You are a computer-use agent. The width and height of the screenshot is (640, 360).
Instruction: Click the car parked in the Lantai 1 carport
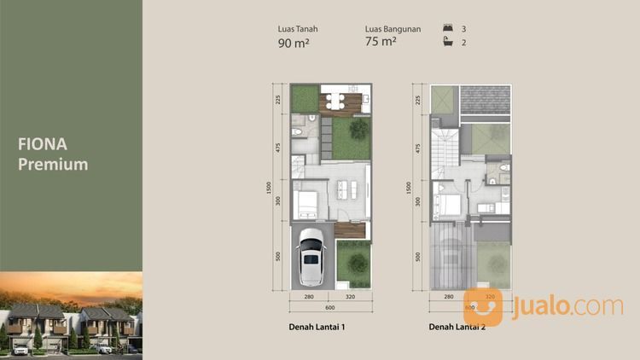311,257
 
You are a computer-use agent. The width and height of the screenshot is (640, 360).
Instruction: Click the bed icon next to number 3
449,29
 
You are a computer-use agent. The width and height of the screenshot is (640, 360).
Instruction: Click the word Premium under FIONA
53,164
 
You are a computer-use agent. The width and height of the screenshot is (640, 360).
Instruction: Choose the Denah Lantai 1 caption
317,327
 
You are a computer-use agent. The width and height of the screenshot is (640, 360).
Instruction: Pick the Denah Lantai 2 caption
457,327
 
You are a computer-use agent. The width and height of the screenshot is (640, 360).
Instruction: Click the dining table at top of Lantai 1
335,101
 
